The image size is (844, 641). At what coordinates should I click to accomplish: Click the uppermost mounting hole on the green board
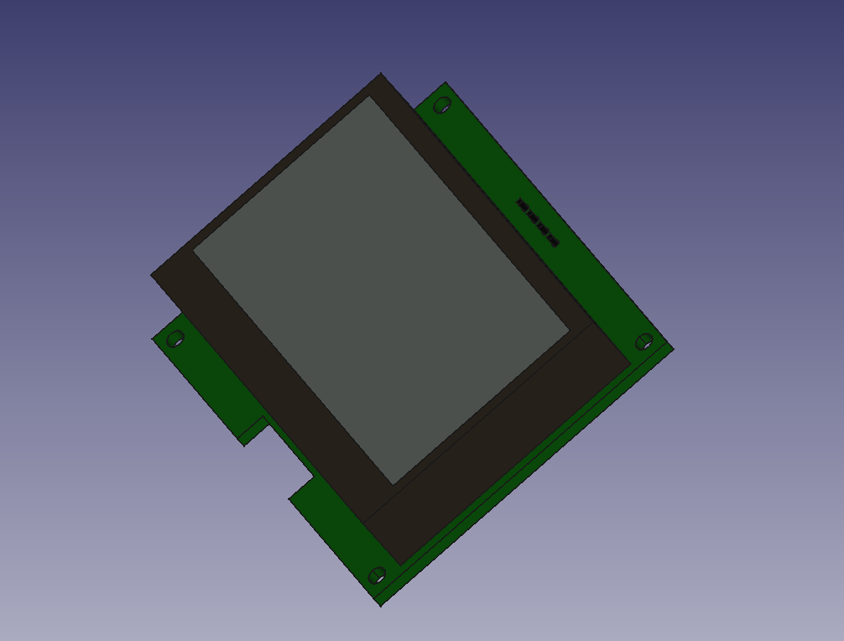point(442,106)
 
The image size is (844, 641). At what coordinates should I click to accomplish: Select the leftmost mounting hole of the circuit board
point(175,339)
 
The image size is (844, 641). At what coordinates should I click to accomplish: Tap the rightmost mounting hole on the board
point(644,341)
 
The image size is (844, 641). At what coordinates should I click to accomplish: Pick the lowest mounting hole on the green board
point(378,576)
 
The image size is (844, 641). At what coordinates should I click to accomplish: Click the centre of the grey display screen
point(382,289)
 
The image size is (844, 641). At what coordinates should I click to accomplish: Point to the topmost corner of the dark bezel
point(382,74)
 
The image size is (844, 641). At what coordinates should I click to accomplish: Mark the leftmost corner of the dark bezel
point(152,274)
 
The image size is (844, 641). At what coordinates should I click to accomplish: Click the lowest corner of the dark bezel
point(401,565)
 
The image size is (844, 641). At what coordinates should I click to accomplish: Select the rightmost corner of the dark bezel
point(630,363)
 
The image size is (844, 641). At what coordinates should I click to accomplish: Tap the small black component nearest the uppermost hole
point(521,204)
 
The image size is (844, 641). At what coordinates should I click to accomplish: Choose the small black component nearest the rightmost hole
point(552,242)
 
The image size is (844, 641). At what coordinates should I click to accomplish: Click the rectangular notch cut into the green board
point(285,457)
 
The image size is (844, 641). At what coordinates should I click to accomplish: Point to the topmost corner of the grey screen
point(370,96)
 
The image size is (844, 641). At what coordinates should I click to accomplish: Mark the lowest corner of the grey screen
point(393,484)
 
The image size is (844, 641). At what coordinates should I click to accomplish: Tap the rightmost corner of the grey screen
point(570,331)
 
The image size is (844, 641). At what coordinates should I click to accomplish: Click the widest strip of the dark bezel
point(495,445)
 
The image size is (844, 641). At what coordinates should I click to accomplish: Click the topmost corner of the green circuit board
point(445,82)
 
